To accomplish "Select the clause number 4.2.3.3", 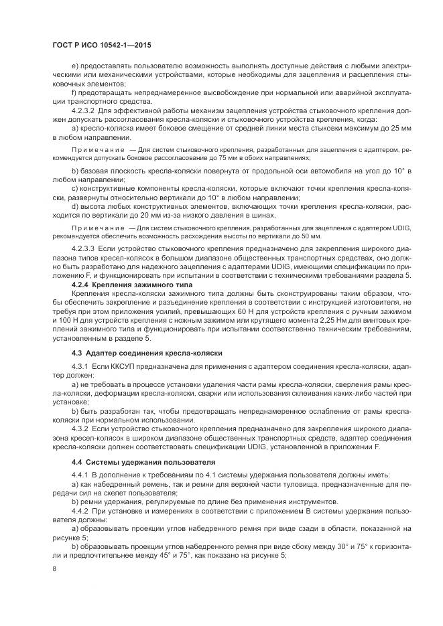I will [83, 248].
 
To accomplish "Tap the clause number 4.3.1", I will [80, 368].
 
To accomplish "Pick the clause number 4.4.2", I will [80, 511].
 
